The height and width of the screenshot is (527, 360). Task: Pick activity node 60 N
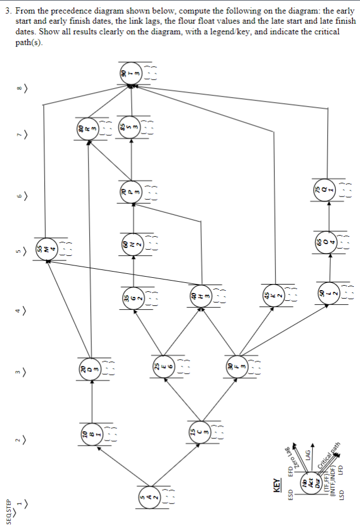132,245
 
